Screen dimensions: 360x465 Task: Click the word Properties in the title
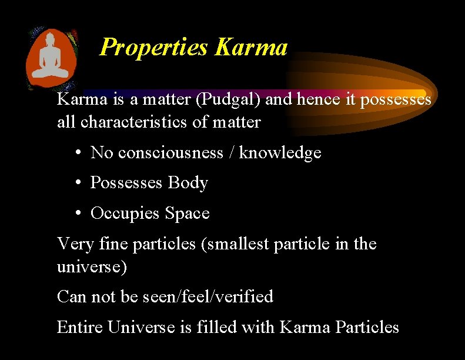tap(154, 47)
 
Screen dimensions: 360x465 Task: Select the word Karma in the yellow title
tap(251, 47)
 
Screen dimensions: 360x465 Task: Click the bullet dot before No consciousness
tap(78, 153)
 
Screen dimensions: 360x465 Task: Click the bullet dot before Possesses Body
tap(78, 183)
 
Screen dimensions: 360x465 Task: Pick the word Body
tap(188, 183)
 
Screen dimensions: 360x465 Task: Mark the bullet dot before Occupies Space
tap(78, 213)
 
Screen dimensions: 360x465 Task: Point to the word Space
tap(187, 213)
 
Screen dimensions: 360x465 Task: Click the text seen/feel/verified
tap(208, 296)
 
